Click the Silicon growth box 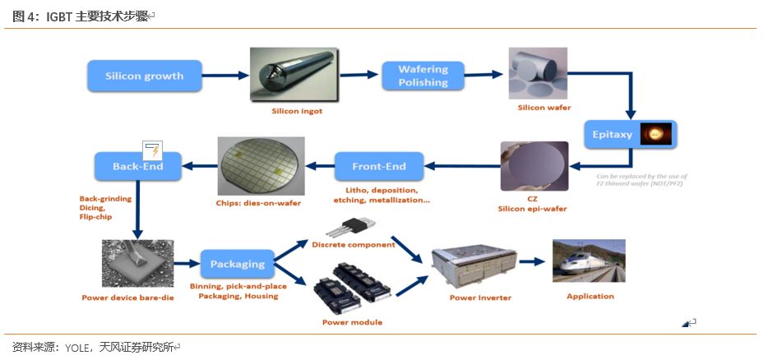[146, 76]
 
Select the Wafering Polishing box [423, 76]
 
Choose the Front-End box [379, 166]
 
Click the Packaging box [237, 265]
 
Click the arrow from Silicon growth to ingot [226, 76]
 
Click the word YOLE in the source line [81, 347]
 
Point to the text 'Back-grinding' [106, 198]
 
